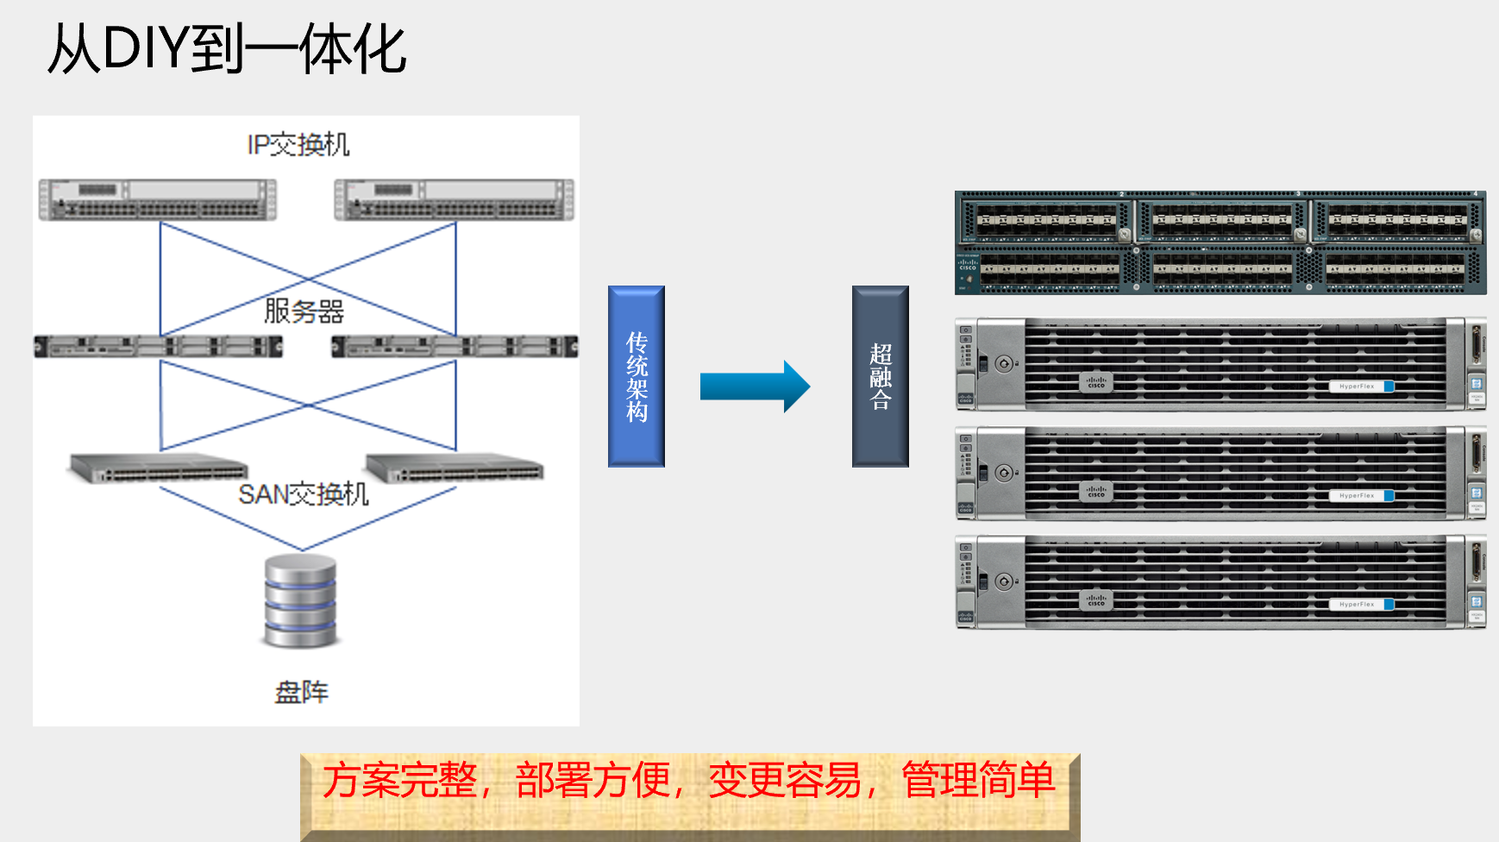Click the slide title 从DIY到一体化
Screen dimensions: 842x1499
point(226,49)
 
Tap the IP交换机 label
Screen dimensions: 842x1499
point(298,145)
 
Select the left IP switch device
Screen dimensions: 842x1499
point(158,199)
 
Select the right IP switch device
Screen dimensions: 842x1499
point(454,199)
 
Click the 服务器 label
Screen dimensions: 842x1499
point(304,311)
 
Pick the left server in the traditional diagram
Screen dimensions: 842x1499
point(159,347)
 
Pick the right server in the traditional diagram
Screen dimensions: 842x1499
point(455,347)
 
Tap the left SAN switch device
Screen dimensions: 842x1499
point(159,468)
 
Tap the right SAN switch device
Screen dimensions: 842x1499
point(455,468)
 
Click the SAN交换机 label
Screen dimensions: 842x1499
point(304,494)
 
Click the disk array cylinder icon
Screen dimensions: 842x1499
point(300,601)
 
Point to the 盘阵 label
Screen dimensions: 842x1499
point(301,692)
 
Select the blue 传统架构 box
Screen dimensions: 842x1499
point(637,376)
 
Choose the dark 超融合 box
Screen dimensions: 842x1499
point(880,376)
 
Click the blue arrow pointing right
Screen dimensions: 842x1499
point(755,386)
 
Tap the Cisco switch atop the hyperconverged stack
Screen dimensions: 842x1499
point(1220,242)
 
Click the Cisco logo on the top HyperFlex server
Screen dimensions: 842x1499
point(1095,382)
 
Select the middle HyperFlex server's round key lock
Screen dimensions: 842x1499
point(1003,473)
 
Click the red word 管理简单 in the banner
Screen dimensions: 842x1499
point(977,781)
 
